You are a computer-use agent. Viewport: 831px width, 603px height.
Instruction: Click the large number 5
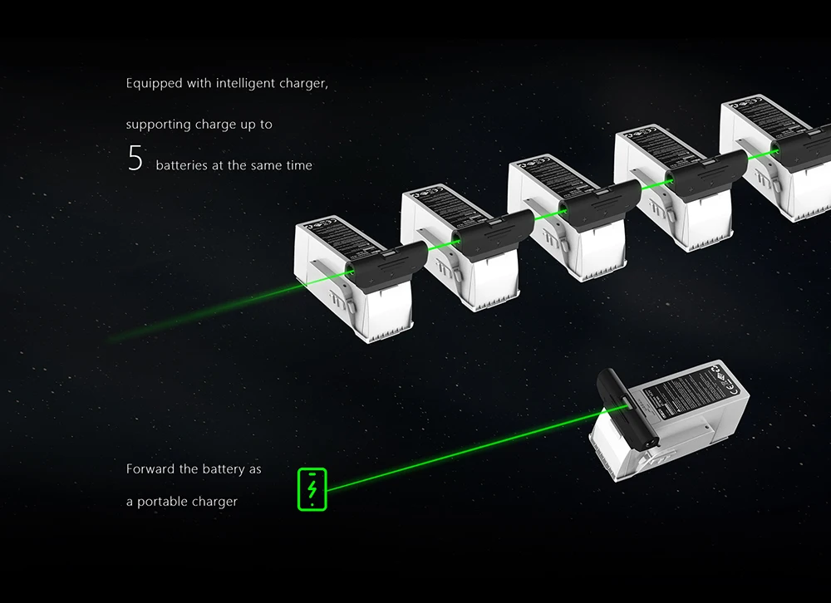(x=135, y=158)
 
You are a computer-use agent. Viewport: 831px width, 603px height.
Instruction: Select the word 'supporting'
(x=158, y=125)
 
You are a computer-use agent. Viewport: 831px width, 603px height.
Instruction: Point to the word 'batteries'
(x=182, y=165)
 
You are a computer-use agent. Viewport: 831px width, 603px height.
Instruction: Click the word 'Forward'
(x=150, y=469)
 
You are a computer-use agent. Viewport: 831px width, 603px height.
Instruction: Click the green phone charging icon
(x=312, y=489)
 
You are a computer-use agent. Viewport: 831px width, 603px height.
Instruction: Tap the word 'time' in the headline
(x=299, y=165)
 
